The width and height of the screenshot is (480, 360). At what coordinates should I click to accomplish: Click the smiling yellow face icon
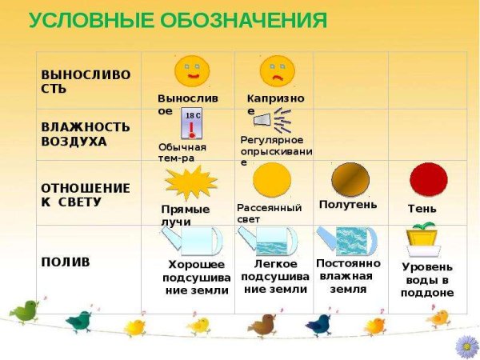192,71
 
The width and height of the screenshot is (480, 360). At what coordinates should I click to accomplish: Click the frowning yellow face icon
277,71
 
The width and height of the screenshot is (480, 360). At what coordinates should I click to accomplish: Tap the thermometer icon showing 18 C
192,123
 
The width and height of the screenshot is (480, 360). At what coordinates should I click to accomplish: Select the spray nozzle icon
273,120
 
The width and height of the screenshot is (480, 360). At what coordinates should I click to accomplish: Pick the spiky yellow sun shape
191,182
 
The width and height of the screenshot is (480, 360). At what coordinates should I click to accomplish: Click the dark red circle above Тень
429,180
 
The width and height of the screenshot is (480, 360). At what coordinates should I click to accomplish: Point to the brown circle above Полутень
350,180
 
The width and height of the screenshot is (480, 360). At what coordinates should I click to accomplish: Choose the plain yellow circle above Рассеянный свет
272,180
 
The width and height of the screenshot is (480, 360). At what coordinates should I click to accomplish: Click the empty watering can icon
192,241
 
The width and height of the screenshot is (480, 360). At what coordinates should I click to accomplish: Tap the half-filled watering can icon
267,241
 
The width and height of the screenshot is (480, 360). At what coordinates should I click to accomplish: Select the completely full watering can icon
347,241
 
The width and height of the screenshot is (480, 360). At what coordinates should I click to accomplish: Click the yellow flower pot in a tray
424,240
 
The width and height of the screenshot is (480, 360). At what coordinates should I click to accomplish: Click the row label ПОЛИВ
66,262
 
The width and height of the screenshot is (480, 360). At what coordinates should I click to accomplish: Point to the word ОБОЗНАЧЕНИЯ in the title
244,20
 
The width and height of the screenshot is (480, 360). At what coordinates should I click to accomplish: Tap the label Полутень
348,205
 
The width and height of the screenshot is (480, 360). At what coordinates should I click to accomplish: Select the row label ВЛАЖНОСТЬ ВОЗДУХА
86,134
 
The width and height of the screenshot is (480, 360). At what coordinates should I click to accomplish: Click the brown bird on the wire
262,326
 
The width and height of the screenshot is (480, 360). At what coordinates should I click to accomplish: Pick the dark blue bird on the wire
318,325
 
